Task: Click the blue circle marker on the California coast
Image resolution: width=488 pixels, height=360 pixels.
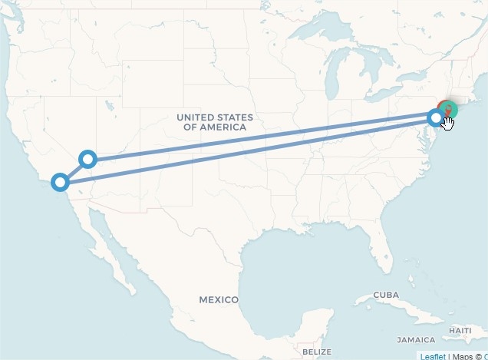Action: pyautogui.click(x=60, y=182)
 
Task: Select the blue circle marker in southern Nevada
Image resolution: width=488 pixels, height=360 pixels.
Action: pyautogui.click(x=88, y=160)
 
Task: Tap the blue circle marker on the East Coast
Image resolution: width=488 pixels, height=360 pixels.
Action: pyautogui.click(x=436, y=117)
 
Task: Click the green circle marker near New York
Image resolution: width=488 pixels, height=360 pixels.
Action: pyautogui.click(x=450, y=109)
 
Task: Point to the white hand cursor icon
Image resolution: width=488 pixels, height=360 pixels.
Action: pyautogui.click(x=448, y=122)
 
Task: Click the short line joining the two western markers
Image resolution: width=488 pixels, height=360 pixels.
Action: pyautogui.click(x=74, y=170)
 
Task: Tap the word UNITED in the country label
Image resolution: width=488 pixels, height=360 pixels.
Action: pyautogui.click(x=197, y=117)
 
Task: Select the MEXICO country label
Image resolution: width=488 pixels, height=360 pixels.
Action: pyautogui.click(x=219, y=299)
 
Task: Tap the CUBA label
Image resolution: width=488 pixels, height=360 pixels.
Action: pyautogui.click(x=387, y=296)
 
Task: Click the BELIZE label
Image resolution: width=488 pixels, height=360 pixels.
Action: pyautogui.click(x=317, y=352)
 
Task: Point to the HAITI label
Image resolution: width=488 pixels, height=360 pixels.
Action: pyautogui.click(x=460, y=330)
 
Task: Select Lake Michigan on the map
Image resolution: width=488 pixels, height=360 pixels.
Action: pyautogui.click(x=332, y=84)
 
